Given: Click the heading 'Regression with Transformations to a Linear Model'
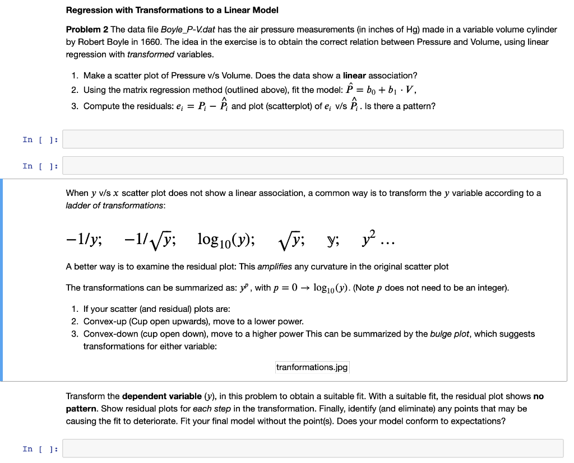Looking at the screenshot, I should (x=172, y=10).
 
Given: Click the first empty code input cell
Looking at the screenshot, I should (x=313, y=139).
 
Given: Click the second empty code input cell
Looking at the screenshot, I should (x=313, y=166).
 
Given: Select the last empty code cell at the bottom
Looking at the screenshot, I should (x=313, y=448).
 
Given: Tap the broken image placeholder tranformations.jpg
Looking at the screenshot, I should (x=312, y=367).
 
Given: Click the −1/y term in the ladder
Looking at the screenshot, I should (x=84, y=240).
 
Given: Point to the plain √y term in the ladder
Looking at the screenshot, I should (x=292, y=240).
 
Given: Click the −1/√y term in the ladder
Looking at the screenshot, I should (x=151, y=240).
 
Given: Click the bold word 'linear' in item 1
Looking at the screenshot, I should (x=354, y=75).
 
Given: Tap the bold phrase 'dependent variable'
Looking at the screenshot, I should (x=159, y=396).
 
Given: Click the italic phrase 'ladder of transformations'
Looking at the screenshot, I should (x=115, y=205).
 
